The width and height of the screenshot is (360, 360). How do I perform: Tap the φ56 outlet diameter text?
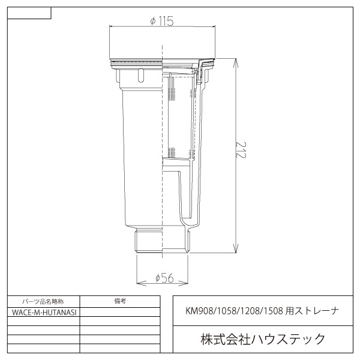[x=164, y=278]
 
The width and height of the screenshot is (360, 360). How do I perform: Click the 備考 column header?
[x=119, y=302]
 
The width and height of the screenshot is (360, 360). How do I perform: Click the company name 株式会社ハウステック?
[x=263, y=340]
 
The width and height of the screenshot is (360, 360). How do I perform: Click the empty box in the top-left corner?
[x=29, y=13]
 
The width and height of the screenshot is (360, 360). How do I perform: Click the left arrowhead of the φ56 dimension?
[x=139, y=283]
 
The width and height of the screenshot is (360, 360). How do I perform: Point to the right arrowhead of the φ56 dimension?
[x=189, y=283]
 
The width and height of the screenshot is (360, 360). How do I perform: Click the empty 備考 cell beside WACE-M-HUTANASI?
[x=119, y=312]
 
